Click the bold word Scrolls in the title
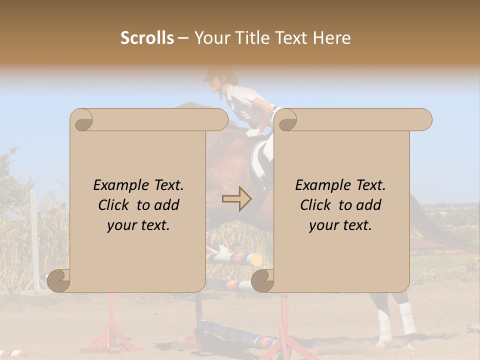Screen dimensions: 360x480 point(147,38)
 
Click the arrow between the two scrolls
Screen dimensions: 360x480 point(236,199)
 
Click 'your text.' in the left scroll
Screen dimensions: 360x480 point(138,225)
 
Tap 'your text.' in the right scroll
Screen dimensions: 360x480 point(340,225)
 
